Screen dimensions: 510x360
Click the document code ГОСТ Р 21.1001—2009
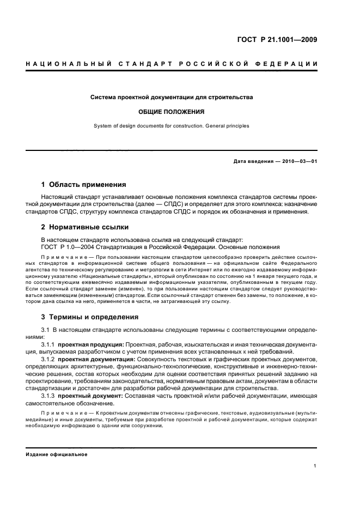[x=277, y=40]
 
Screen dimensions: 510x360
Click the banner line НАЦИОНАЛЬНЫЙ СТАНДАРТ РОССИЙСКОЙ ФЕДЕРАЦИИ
[x=172, y=65]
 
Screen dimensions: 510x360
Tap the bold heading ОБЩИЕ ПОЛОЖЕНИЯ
[x=172, y=112]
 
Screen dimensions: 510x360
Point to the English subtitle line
[x=172, y=126]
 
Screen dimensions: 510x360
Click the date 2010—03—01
[x=298, y=161]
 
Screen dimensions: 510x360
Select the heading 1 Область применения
[x=84, y=185]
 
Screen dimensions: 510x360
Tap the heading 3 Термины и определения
[x=90, y=317]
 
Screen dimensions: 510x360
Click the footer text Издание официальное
[x=57, y=454]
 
